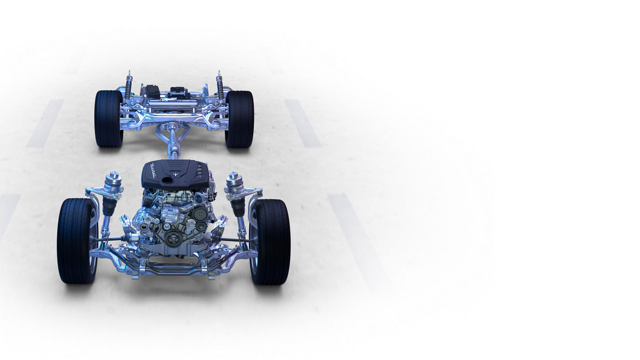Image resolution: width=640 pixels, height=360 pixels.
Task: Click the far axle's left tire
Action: (x=108, y=119)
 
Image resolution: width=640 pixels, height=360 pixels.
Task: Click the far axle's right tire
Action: (x=240, y=119)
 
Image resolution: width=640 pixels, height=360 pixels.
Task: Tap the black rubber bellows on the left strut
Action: (x=109, y=206)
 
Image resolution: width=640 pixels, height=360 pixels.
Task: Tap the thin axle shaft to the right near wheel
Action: (x=236, y=239)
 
